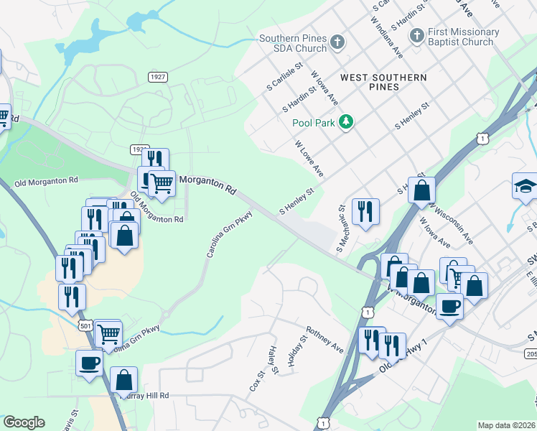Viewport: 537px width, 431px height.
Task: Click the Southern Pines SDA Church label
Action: [x=293, y=43]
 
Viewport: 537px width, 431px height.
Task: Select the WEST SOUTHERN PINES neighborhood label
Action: [x=383, y=82]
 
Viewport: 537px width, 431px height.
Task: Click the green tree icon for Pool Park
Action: [x=347, y=122]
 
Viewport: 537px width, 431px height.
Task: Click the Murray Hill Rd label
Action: [x=147, y=395]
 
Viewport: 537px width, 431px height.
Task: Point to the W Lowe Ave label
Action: [x=309, y=159]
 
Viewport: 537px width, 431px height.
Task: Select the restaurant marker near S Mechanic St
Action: [x=365, y=211]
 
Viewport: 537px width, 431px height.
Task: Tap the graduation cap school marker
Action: [x=525, y=186]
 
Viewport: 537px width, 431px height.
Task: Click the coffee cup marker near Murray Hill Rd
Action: [x=89, y=362]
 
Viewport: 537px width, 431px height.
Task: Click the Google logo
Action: [x=24, y=423]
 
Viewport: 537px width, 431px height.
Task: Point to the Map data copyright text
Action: [x=506, y=425]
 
